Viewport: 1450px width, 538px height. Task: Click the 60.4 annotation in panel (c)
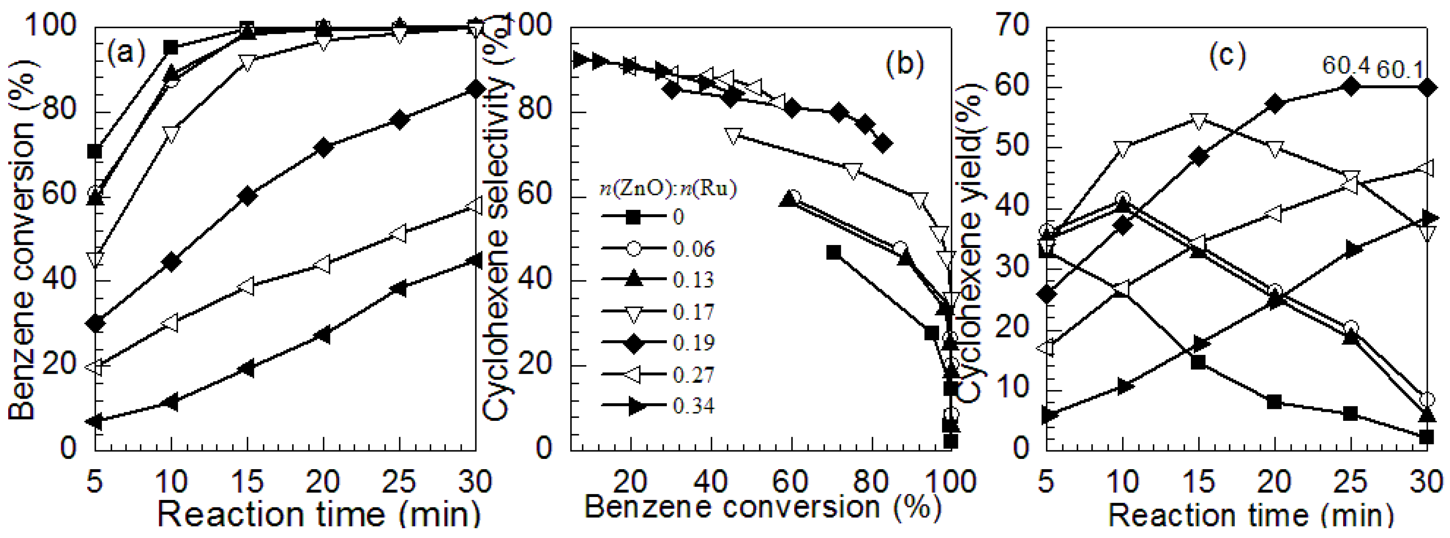click(1346, 66)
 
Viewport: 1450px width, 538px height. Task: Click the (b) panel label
click(905, 65)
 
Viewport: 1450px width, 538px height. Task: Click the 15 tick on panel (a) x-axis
click(247, 482)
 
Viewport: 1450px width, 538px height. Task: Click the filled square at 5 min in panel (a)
click(95, 152)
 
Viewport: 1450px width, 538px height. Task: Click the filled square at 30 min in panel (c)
click(1426, 437)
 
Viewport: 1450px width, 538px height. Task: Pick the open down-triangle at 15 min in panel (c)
click(1198, 120)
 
